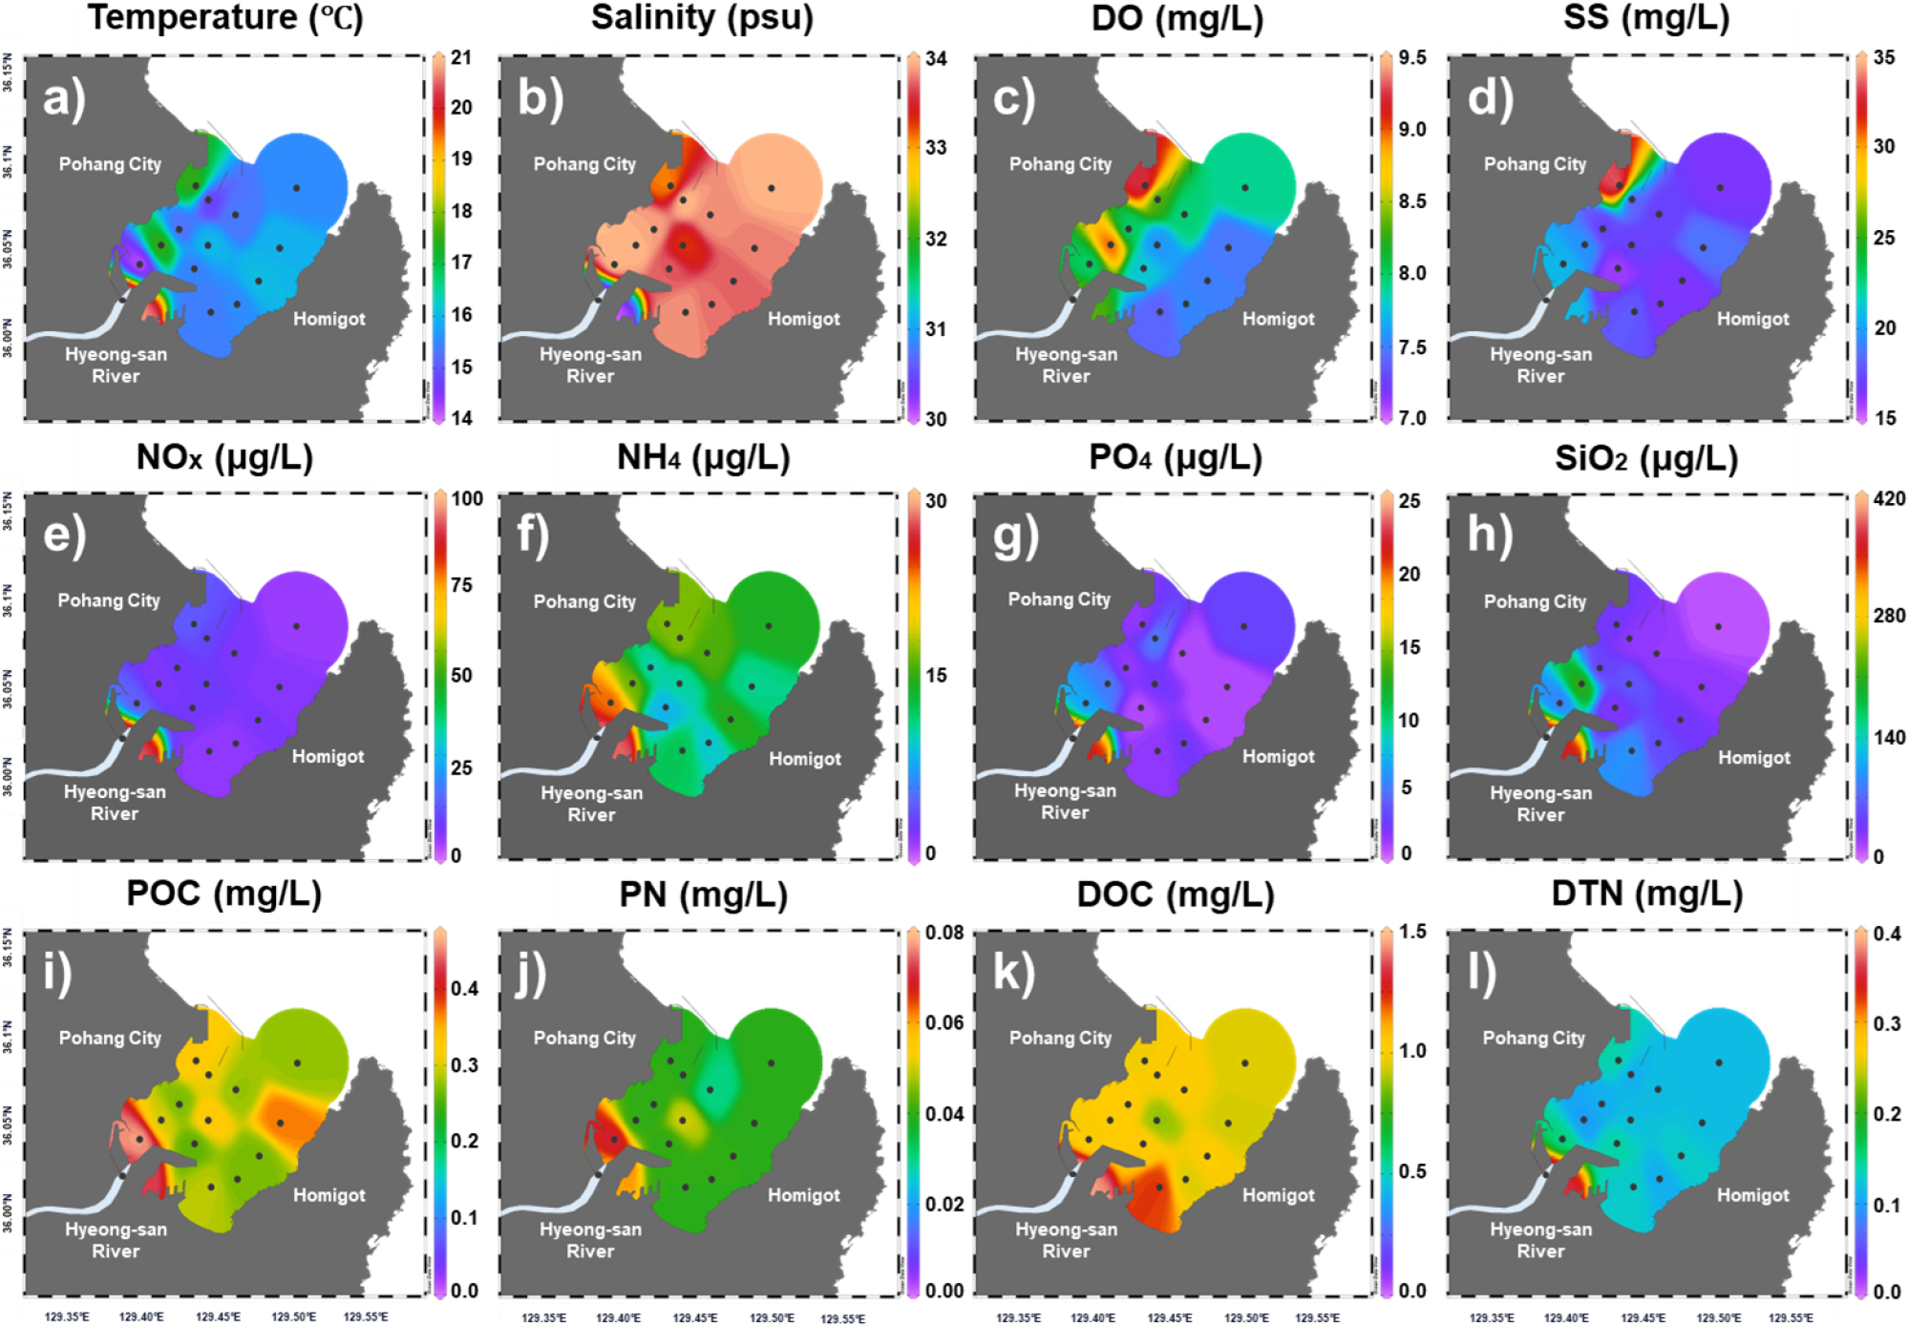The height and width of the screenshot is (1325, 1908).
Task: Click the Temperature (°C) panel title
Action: [225, 17]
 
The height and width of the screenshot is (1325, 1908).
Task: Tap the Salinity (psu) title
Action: [702, 17]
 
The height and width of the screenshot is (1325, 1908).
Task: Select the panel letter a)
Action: [64, 98]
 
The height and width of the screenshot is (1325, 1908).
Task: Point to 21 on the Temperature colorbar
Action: [461, 57]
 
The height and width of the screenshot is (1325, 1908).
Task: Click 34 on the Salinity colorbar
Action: [936, 58]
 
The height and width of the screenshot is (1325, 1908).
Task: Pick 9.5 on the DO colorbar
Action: [1412, 58]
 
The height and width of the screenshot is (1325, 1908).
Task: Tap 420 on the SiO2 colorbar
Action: [1889, 498]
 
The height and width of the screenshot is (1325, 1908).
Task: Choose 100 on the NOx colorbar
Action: [467, 498]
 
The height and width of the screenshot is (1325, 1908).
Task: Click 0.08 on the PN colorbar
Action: [944, 933]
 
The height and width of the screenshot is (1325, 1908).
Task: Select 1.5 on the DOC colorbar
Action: [1412, 933]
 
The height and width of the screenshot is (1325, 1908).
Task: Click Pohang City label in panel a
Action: [110, 164]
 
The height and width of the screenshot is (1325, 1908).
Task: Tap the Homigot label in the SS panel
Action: [1752, 319]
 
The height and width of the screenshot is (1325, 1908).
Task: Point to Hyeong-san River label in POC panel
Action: [116, 1240]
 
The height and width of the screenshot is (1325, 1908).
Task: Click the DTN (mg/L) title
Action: [1646, 894]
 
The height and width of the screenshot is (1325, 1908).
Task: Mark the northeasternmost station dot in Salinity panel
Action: [771, 188]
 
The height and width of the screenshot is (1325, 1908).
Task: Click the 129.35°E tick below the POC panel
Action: [67, 1316]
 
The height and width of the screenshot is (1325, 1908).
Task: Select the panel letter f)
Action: [533, 536]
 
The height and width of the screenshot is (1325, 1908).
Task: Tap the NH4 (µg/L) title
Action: [703, 457]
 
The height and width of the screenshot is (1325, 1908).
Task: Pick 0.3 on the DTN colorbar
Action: [1887, 1023]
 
